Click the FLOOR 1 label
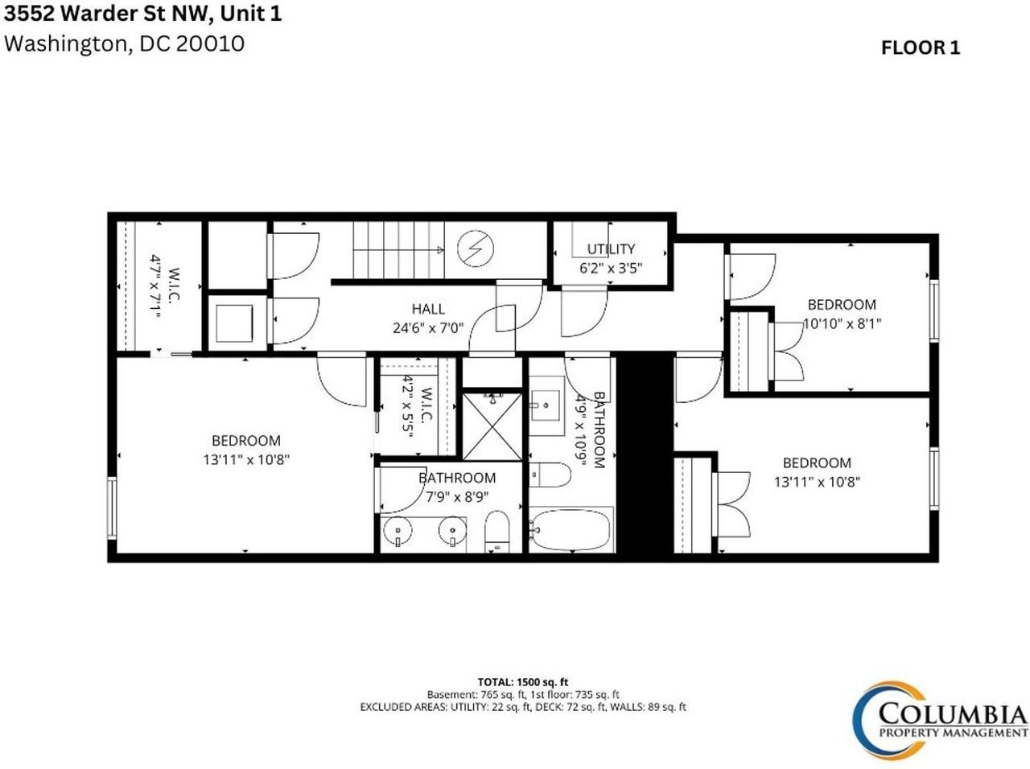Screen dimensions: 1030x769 pyautogui.click(x=921, y=47)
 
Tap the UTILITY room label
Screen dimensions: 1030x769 pyautogui.click(x=611, y=249)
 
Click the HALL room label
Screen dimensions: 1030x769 pyautogui.click(x=428, y=309)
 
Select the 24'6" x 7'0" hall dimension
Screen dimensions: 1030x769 pyautogui.click(x=428, y=327)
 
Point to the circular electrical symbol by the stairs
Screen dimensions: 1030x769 pyautogui.click(x=476, y=249)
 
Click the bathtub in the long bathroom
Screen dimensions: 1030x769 pyautogui.click(x=571, y=530)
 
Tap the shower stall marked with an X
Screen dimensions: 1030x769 pyautogui.click(x=492, y=426)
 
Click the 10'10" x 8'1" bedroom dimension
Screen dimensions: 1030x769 pyautogui.click(x=843, y=323)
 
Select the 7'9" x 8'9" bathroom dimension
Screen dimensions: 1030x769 pyautogui.click(x=457, y=496)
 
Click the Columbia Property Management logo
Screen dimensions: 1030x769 pyautogui.click(x=939, y=720)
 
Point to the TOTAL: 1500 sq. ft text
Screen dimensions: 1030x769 pyautogui.click(x=523, y=682)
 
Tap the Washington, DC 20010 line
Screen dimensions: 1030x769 pyautogui.click(x=125, y=43)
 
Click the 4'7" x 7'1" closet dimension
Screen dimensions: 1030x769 pyautogui.click(x=155, y=286)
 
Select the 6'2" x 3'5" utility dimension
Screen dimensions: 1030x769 pyautogui.click(x=611, y=268)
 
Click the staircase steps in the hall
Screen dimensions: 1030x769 pyautogui.click(x=399, y=249)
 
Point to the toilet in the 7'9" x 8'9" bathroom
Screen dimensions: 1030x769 pyautogui.click(x=497, y=532)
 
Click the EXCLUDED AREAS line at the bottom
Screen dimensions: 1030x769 pyautogui.click(x=523, y=707)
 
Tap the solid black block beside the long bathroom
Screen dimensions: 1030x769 pyautogui.click(x=645, y=453)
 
